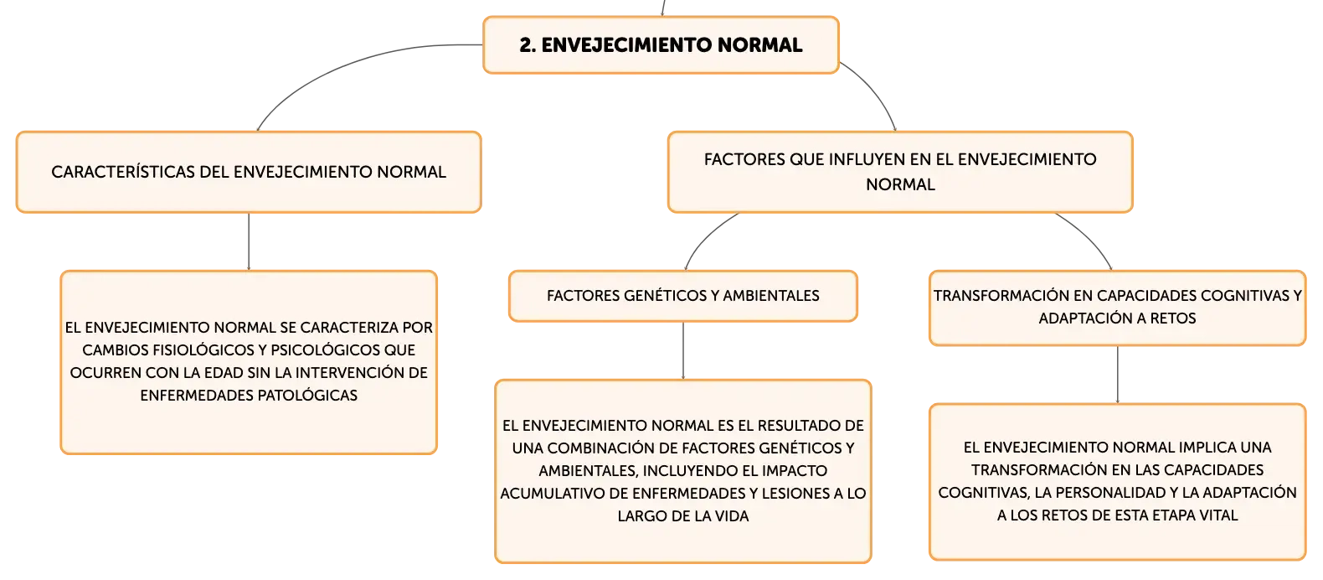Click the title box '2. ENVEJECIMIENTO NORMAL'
tap(661, 45)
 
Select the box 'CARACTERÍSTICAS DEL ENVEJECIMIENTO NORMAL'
tap(249, 172)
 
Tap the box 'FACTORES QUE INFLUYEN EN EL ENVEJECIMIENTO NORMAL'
tap(900, 172)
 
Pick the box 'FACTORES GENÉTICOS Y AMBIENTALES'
tap(682, 296)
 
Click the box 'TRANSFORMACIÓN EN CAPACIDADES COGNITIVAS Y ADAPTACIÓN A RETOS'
tap(1118, 308)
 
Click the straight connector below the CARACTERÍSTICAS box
tap(249, 241)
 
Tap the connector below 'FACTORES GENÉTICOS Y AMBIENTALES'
tap(683, 350)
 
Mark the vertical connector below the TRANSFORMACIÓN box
tap(1118, 375)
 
